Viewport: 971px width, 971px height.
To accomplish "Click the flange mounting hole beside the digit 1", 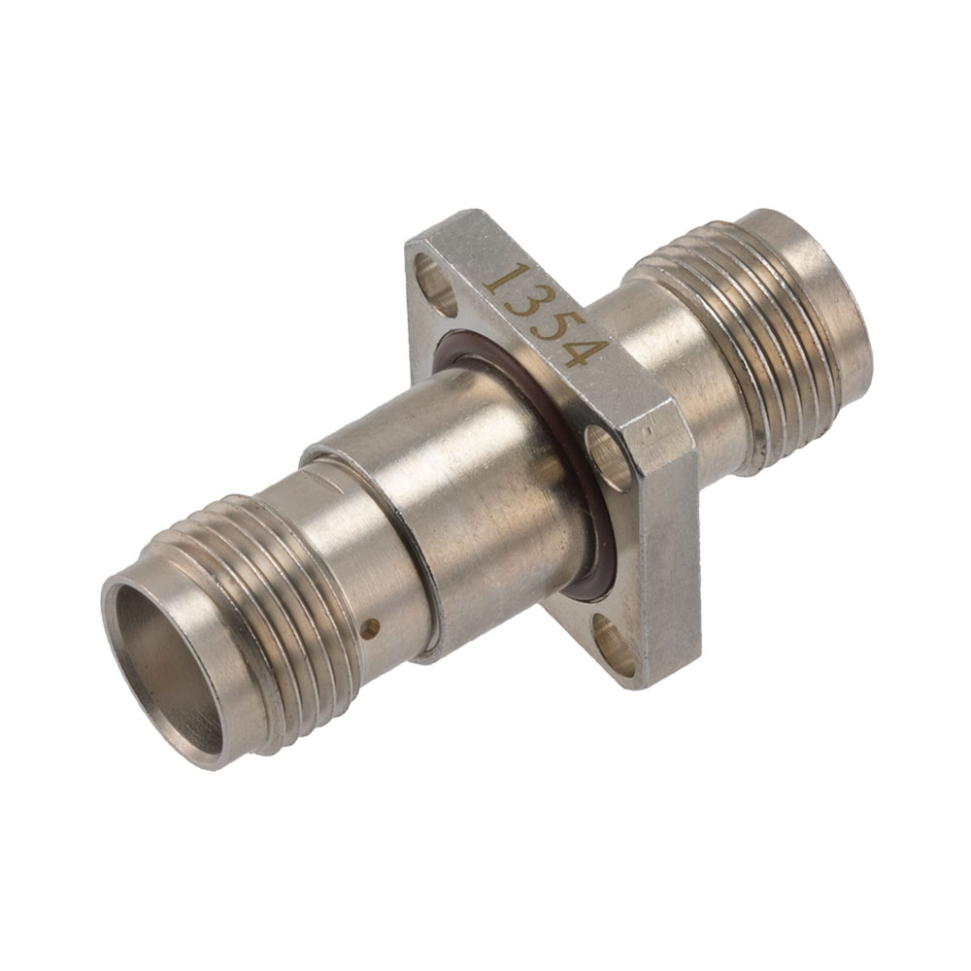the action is tap(434, 283).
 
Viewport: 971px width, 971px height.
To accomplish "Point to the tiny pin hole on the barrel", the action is tap(372, 628).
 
